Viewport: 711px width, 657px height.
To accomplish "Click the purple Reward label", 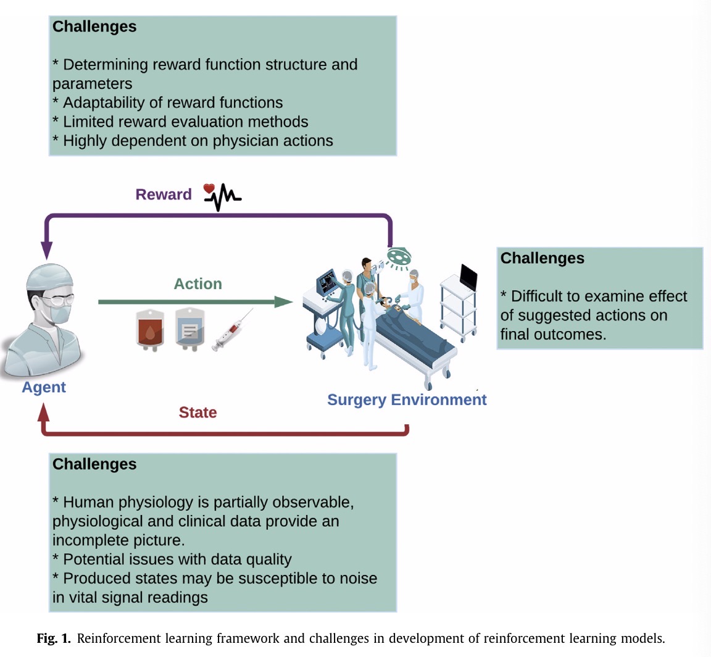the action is tap(164, 194).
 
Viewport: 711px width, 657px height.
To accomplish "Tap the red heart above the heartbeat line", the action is tap(209, 188).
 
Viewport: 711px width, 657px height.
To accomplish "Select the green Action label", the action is tap(197, 283).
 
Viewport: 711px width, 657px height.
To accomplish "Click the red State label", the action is tap(197, 412).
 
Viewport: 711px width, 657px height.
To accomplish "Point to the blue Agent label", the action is tap(44, 388).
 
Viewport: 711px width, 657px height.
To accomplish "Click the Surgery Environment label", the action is tap(407, 400).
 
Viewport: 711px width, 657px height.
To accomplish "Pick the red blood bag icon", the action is tap(150, 330).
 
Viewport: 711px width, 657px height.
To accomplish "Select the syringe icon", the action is tap(231, 330).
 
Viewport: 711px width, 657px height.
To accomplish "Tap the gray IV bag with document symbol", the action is tap(189, 329).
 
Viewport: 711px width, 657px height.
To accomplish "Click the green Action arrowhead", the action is tap(284, 302).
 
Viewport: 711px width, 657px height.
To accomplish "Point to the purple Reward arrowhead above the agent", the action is tap(47, 250).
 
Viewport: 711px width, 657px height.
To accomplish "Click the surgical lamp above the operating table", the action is tap(399, 256).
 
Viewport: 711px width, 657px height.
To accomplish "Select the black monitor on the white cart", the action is tap(468, 277).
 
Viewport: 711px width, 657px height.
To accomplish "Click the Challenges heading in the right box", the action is tap(543, 258).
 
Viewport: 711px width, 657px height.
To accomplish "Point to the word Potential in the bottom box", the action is tap(93, 559).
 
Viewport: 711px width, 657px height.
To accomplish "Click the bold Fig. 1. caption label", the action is tap(54, 638).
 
